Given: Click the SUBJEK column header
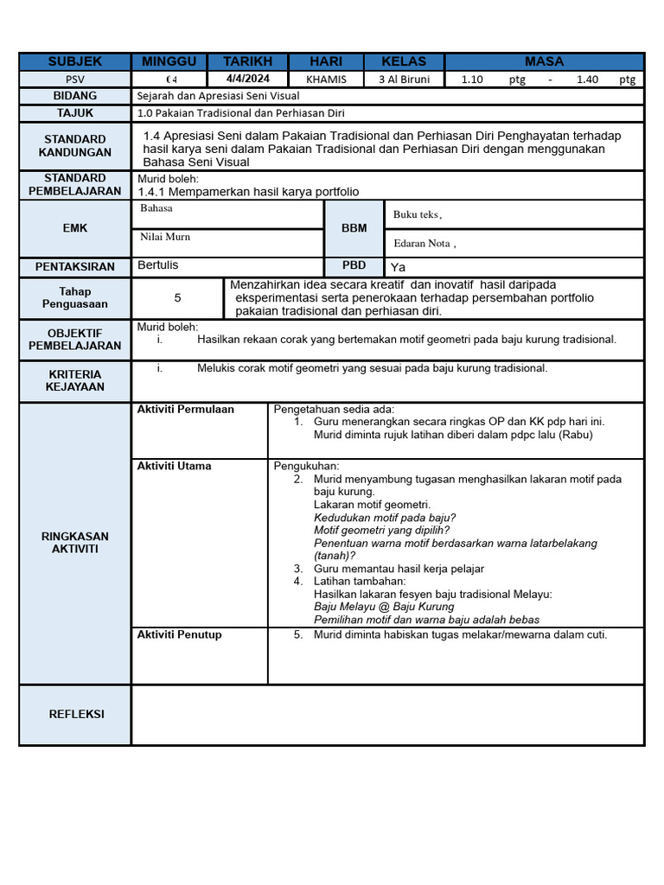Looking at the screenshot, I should coord(75,61).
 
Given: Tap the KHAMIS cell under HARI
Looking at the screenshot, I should coord(326,80).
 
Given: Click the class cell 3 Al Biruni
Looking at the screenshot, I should coord(404,80).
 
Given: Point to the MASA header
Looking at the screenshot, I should coord(544,61).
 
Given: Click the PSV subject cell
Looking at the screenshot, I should coord(75,80).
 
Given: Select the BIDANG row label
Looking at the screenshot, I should coord(75,96).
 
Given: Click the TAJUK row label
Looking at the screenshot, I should coord(75,113).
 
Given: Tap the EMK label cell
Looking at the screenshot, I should coord(75,228).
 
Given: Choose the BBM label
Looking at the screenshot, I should coord(354,228).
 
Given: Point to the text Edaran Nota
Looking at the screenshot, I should coord(425,244).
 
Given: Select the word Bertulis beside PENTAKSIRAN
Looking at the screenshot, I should coord(158,265).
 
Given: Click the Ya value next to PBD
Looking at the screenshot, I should coord(398,267).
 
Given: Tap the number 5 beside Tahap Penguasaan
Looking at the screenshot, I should coord(177,298).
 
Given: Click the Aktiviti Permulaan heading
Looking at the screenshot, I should coord(186,410).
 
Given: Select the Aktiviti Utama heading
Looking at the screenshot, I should coord(174,466).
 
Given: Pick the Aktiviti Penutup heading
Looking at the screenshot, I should coord(180,635).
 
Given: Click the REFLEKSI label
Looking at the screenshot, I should coord(75,714).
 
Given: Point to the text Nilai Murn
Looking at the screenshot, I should coord(165,237).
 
